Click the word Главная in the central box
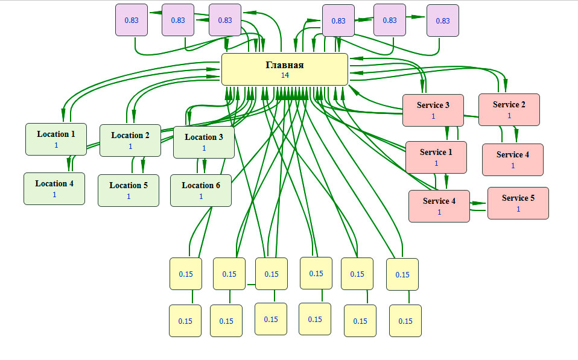tap(285, 65)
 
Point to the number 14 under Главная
tap(285, 75)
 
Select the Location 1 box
tap(56, 139)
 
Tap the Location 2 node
tap(130, 141)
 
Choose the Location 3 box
tap(204, 142)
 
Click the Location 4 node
tap(54, 188)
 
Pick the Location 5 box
tap(129, 190)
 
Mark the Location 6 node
tap(201, 190)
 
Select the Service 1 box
tap(436, 157)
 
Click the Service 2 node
tap(509, 109)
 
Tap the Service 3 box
tap(433, 110)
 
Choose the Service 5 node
tap(518, 203)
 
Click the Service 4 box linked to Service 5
tap(439, 206)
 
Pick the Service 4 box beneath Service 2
tap(513, 159)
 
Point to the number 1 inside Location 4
tap(54, 194)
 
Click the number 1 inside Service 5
tap(518, 209)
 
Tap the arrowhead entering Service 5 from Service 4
tap(483, 204)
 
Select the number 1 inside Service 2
tap(509, 116)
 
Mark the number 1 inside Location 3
tap(204, 148)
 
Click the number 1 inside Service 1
tap(436, 163)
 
